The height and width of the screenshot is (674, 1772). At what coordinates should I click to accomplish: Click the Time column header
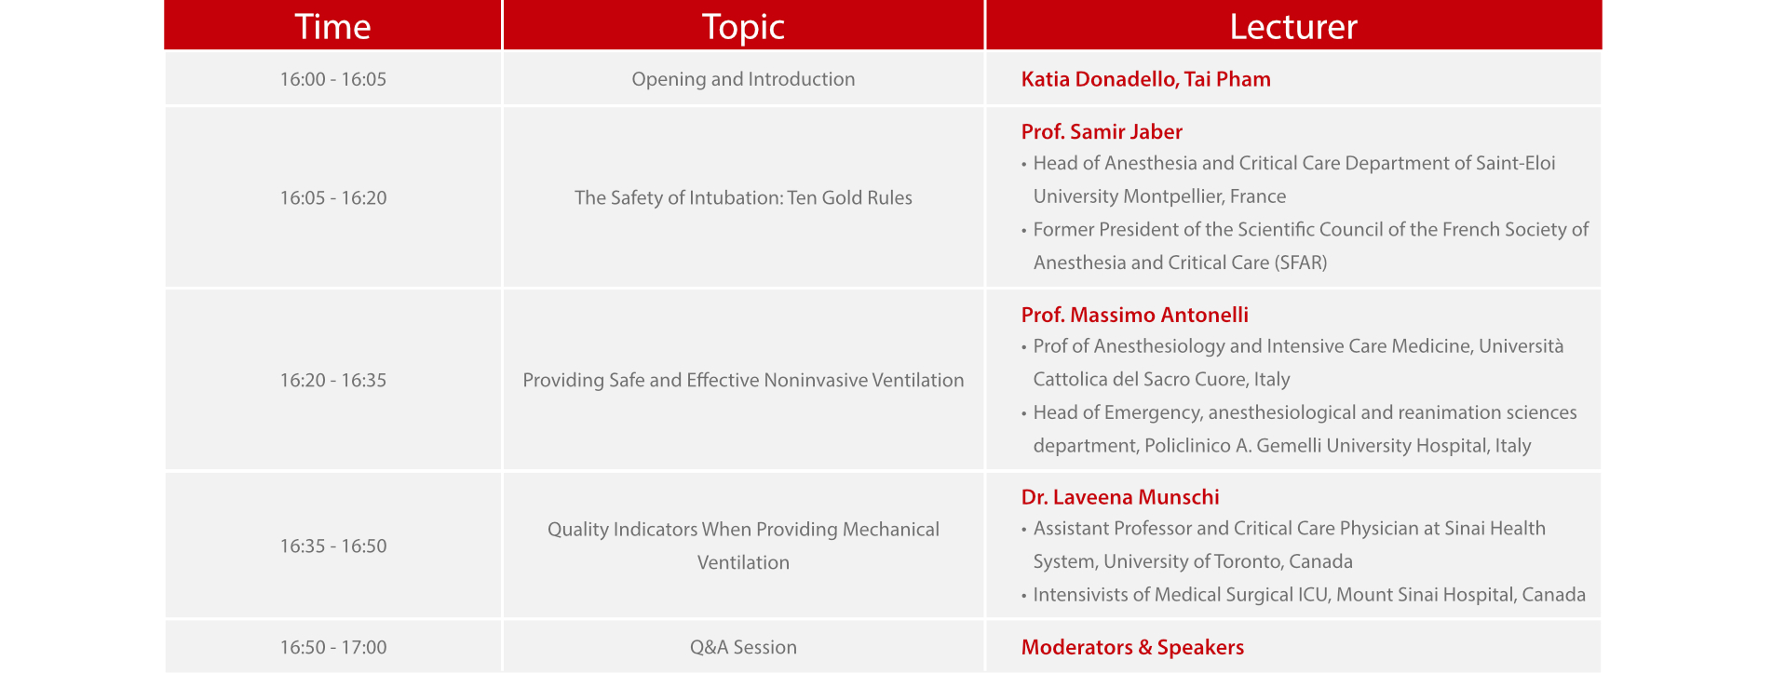(x=332, y=27)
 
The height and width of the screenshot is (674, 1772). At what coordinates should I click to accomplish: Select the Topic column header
(x=743, y=27)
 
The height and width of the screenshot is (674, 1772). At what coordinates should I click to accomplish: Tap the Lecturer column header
(x=1293, y=27)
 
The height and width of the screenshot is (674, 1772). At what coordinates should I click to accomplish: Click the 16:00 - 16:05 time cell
(x=333, y=79)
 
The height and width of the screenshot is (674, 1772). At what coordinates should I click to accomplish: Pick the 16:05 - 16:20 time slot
(x=333, y=197)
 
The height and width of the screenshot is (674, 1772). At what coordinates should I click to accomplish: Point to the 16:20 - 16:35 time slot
(x=333, y=380)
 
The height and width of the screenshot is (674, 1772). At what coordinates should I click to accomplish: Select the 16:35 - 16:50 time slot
(x=333, y=546)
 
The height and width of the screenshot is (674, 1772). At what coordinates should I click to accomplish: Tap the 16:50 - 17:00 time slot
(x=333, y=647)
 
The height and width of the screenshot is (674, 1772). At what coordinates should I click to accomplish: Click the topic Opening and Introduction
(x=743, y=80)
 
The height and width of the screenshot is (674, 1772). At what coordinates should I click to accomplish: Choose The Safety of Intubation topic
(x=743, y=197)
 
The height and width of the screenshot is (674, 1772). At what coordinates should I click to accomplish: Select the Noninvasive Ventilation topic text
(x=743, y=380)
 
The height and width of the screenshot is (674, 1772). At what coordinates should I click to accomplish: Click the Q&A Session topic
(x=743, y=647)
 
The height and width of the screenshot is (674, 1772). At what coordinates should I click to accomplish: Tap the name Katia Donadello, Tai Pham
(x=1145, y=79)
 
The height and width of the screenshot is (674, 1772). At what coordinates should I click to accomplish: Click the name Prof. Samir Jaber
(x=1102, y=131)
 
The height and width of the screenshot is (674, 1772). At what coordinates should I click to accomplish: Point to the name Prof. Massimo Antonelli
(x=1134, y=315)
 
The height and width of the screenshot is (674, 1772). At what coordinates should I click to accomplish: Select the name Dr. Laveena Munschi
(x=1120, y=497)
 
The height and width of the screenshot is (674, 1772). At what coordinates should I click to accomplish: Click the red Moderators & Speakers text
(x=1132, y=647)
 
